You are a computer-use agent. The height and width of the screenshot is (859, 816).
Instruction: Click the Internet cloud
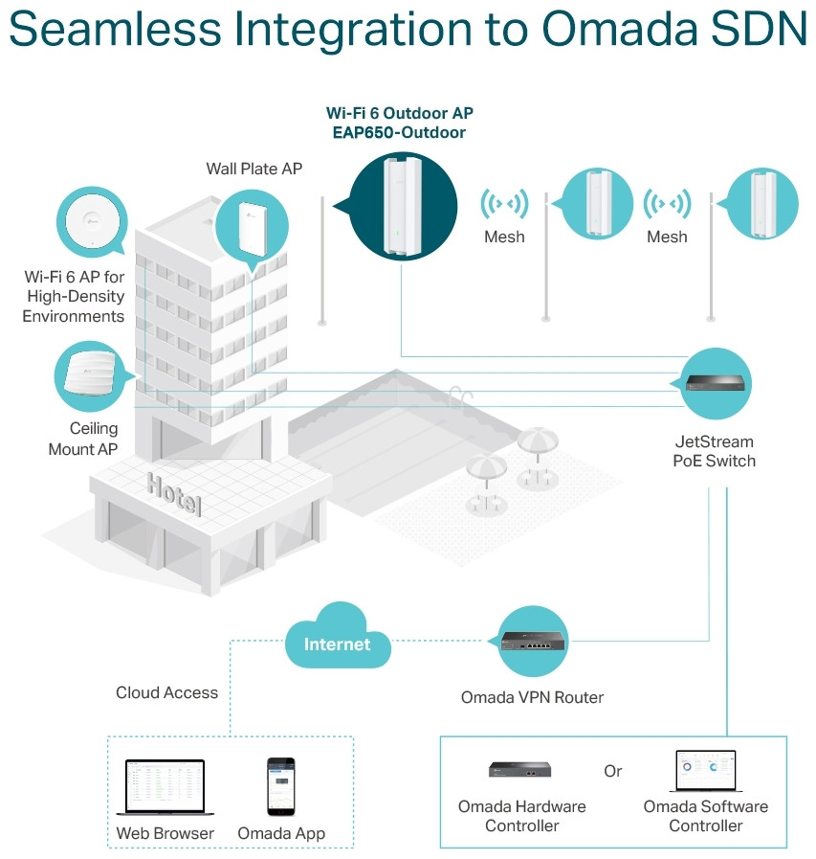point(338,637)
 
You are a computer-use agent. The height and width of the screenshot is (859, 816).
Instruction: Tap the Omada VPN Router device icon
point(533,641)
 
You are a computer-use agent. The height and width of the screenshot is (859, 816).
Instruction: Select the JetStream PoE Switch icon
point(716,382)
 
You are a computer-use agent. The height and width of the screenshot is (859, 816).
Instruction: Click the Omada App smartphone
point(280,786)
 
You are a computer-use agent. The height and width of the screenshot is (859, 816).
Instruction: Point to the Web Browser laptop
point(165,786)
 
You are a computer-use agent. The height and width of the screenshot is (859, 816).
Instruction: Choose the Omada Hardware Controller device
point(519,769)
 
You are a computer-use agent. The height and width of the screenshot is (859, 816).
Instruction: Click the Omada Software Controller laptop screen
point(705,770)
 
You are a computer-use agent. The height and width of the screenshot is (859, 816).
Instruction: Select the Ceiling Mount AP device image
point(90,372)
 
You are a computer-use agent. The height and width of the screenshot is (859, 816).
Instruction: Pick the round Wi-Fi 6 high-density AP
point(92,221)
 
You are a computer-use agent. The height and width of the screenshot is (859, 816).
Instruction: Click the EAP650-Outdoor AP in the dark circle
point(402,206)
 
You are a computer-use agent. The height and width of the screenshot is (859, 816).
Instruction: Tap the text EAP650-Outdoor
point(399,132)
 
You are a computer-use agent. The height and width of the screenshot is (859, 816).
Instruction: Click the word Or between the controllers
point(613,771)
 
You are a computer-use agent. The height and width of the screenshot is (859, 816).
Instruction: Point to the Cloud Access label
point(166,692)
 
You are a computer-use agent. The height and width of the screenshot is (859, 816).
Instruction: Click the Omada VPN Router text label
point(532,697)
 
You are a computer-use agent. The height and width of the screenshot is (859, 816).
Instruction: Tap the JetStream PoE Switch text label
point(715,451)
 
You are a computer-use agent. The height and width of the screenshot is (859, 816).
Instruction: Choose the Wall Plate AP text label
point(254,169)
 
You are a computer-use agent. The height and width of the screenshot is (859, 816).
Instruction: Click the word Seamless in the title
point(116,29)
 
